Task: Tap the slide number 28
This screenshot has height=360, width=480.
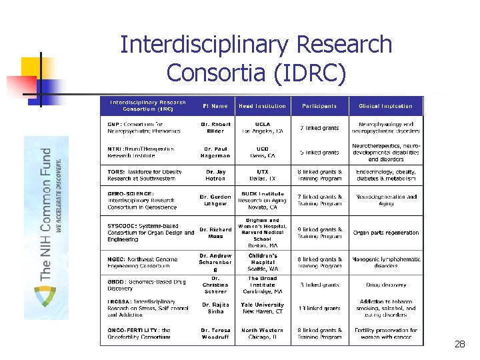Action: (459, 344)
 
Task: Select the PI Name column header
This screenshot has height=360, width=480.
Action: (215, 106)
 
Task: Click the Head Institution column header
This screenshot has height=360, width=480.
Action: (263, 106)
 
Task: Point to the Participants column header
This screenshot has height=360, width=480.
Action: (319, 106)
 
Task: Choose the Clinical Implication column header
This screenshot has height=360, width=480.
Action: (386, 106)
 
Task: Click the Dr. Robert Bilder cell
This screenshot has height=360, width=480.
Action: (215, 128)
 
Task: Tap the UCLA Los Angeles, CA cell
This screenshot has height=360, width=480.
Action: (263, 128)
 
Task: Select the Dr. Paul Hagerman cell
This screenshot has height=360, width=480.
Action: (215, 152)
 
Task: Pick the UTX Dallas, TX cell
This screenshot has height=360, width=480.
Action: (263, 175)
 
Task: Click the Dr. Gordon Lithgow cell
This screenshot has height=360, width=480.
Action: (215, 201)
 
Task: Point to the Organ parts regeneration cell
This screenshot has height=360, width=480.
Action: (386, 233)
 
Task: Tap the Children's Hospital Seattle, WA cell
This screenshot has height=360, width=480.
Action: (263, 262)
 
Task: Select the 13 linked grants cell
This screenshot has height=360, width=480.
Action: (319, 309)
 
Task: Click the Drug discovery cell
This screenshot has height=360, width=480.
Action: (386, 285)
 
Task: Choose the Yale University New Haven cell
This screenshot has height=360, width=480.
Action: (263, 309)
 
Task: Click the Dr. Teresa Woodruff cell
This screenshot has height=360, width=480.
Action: (215, 333)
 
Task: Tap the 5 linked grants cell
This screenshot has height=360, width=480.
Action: (319, 152)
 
